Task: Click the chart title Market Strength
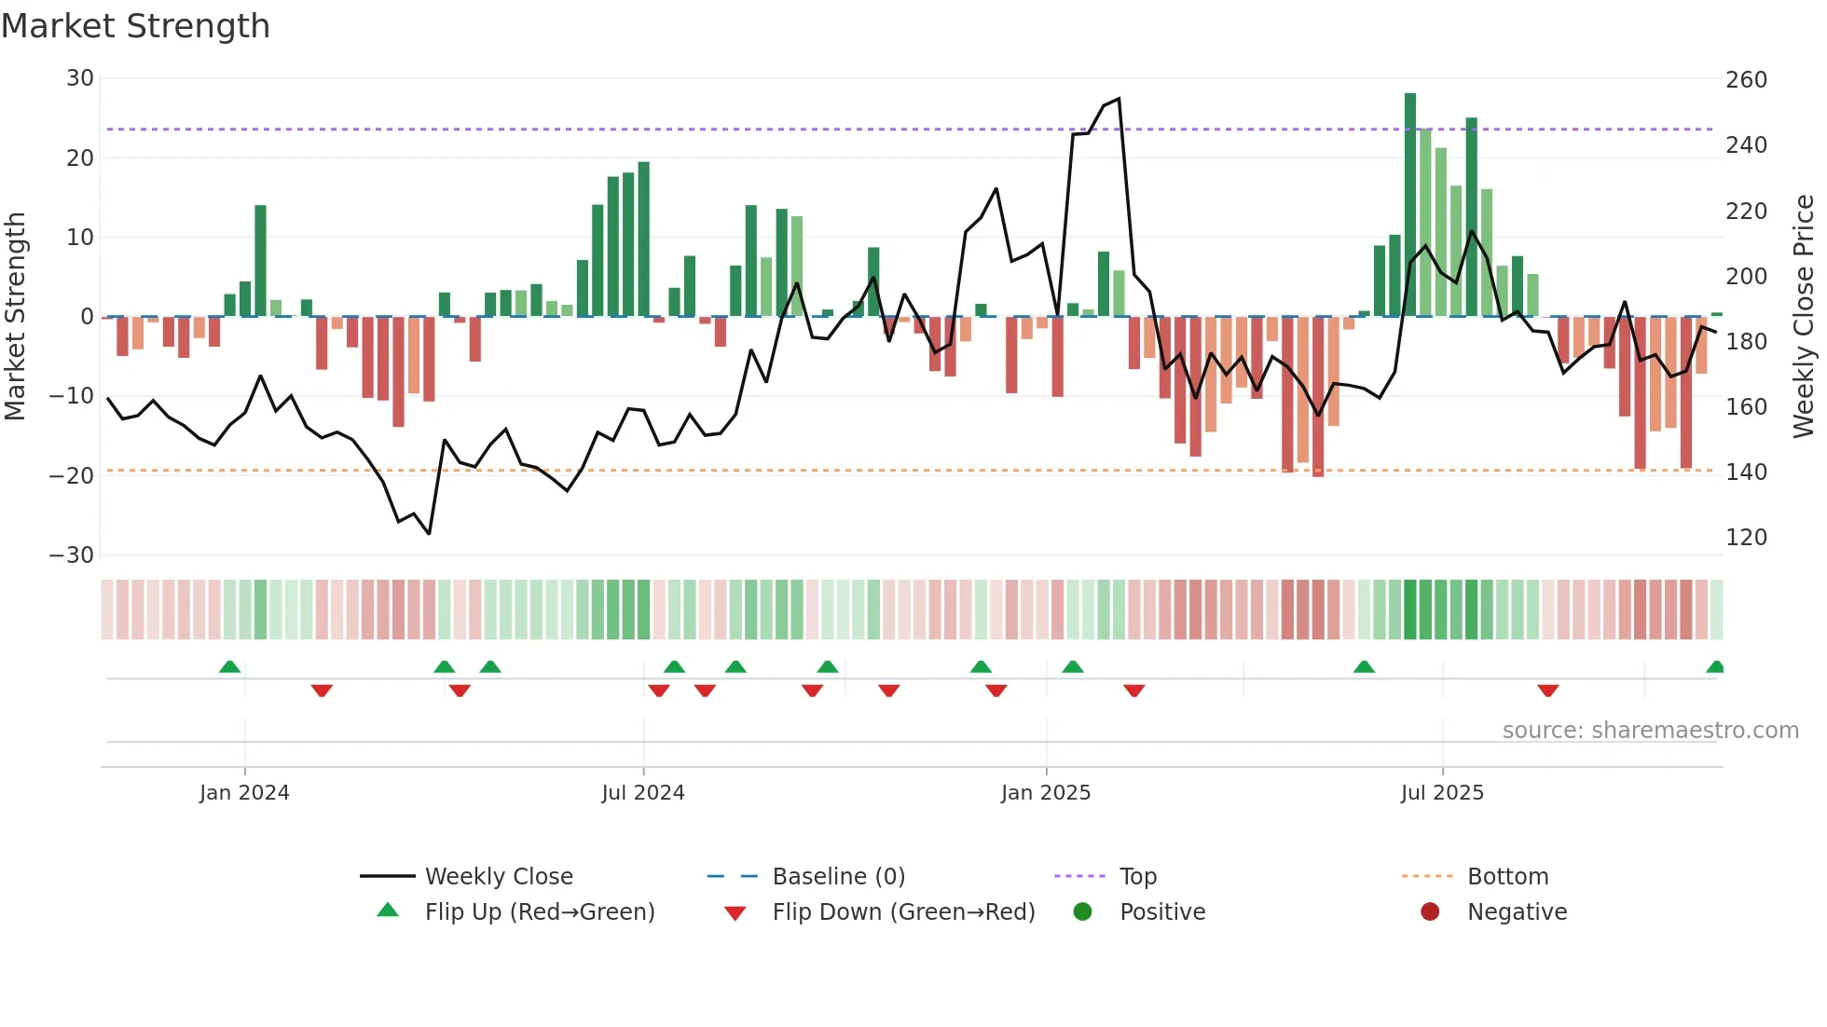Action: [x=136, y=26]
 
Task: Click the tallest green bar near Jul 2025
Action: [x=1409, y=204]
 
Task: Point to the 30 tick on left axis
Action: [x=80, y=78]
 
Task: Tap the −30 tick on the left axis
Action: [x=72, y=555]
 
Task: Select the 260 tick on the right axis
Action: [x=1746, y=80]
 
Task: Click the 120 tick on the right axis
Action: [x=1746, y=538]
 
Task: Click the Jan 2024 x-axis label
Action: [x=244, y=793]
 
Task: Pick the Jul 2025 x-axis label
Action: [x=1441, y=793]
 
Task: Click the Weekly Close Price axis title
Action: [x=1805, y=317]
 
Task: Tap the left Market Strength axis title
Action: [x=15, y=317]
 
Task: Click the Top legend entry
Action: [x=1137, y=877]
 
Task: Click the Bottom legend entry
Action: [x=1507, y=877]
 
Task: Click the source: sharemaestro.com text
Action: [x=1650, y=731]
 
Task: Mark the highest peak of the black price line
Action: [x=1119, y=99]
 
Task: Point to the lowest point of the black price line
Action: [x=429, y=534]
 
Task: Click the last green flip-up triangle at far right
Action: [x=1714, y=667]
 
